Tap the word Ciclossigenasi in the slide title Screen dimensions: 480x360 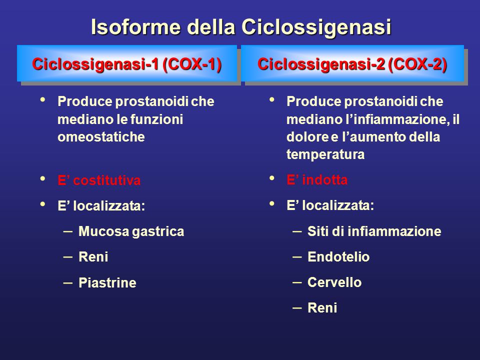[x=316, y=27]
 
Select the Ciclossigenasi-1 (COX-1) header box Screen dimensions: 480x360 [x=126, y=63]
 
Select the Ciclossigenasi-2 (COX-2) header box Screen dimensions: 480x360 [x=352, y=63]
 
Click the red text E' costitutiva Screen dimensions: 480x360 [x=99, y=180]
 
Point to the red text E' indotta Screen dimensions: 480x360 [x=317, y=179]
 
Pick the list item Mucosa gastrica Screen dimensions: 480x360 [x=131, y=231]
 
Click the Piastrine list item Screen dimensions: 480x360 [x=107, y=282]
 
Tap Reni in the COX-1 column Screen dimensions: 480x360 [x=93, y=257]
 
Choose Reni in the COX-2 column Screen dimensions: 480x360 [x=322, y=307]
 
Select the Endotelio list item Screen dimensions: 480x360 [x=338, y=257]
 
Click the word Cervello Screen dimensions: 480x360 [x=334, y=282]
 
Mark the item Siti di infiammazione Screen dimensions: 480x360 [x=374, y=231]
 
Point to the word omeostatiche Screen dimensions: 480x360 [x=101, y=137]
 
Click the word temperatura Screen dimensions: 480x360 [x=325, y=154]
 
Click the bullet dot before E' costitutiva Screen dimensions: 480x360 [x=42, y=178]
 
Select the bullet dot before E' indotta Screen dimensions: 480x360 [x=272, y=178]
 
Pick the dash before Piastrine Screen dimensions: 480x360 [x=67, y=282]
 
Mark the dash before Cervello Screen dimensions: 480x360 [x=297, y=282]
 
